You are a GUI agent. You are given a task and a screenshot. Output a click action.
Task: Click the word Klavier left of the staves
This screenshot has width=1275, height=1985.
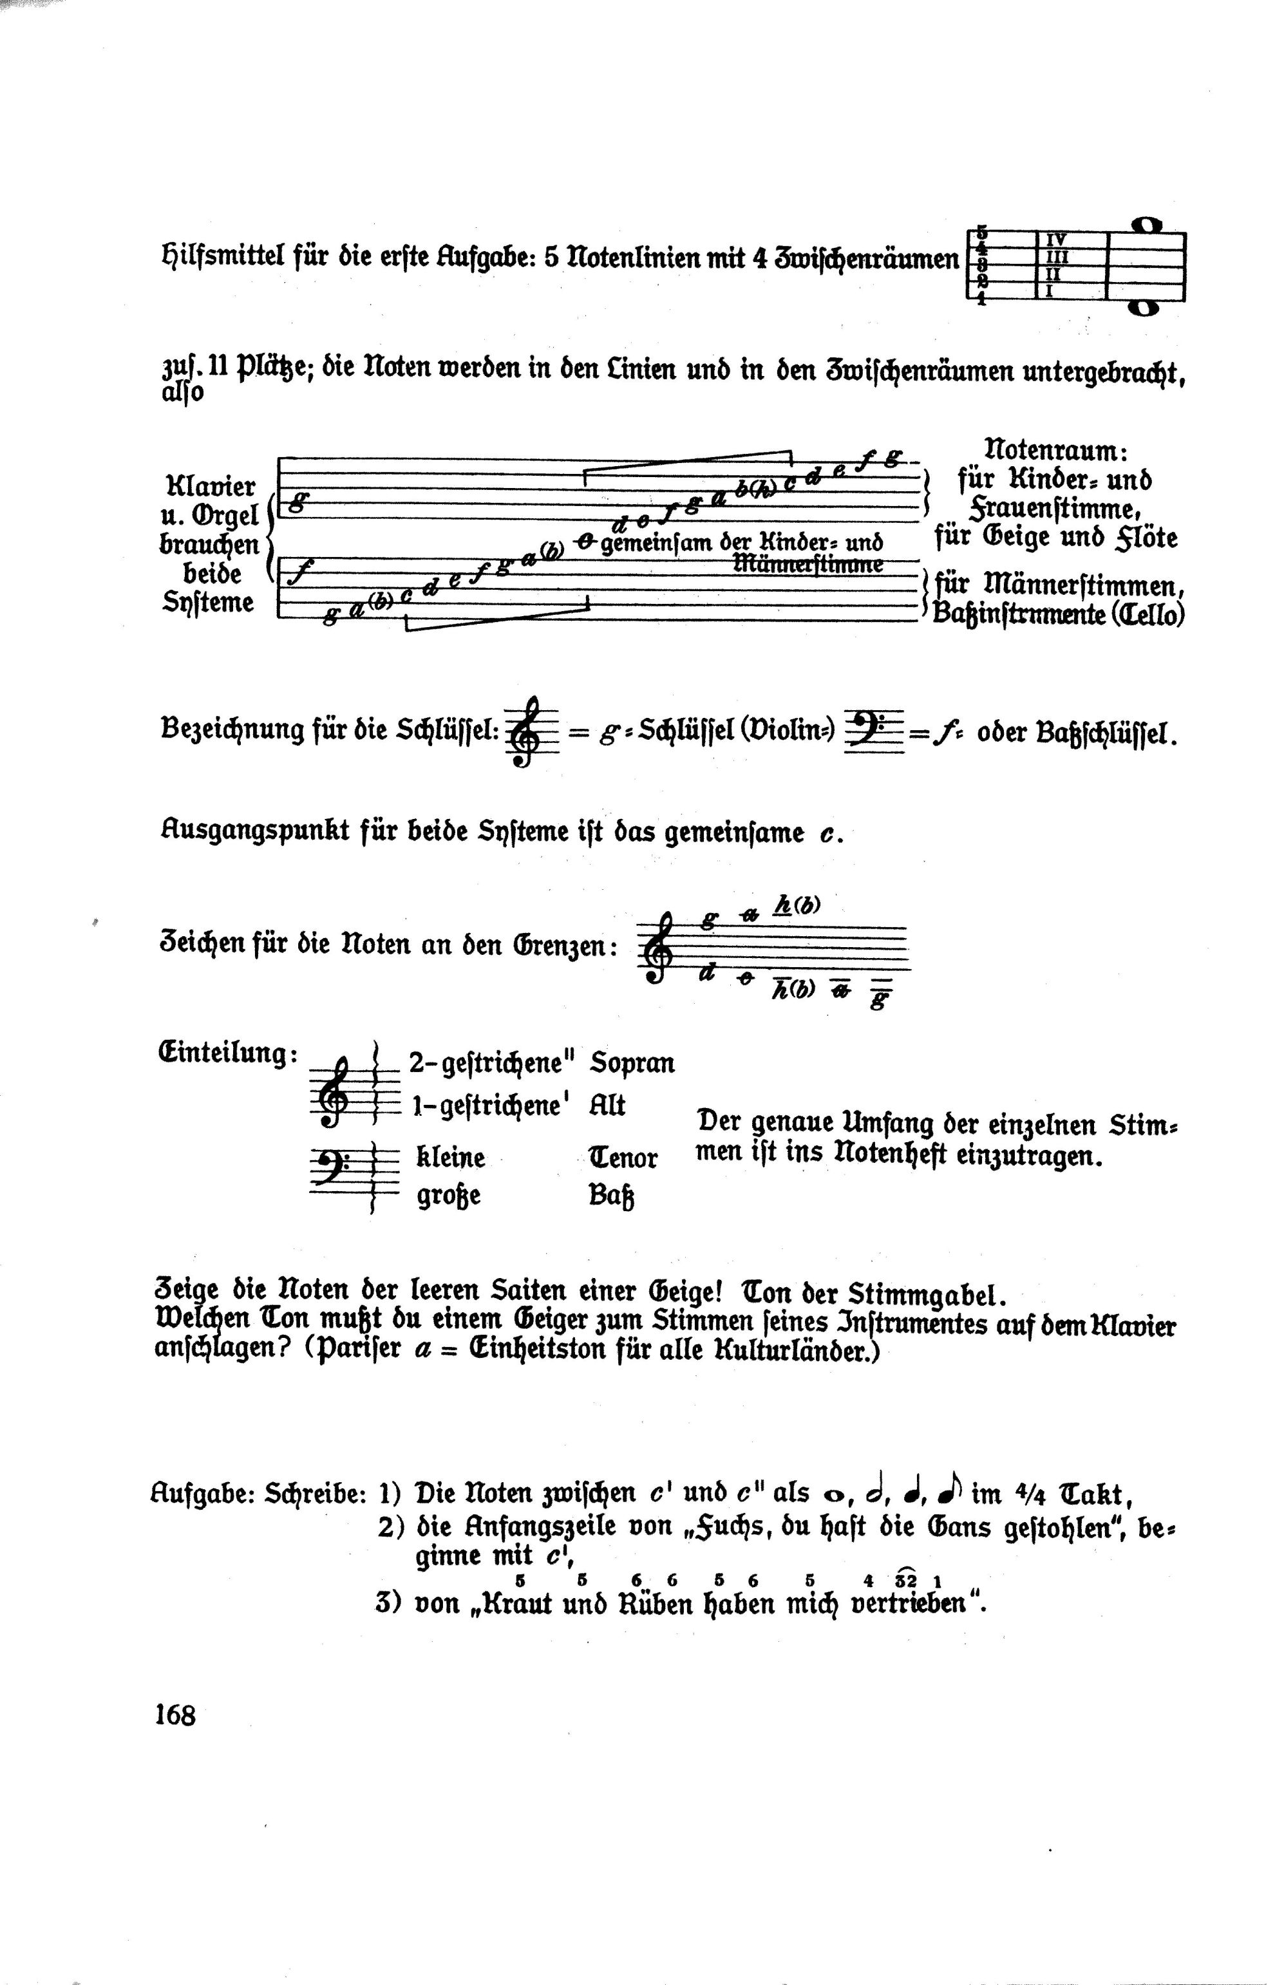211,486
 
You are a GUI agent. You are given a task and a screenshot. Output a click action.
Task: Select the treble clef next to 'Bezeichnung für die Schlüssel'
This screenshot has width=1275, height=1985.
524,732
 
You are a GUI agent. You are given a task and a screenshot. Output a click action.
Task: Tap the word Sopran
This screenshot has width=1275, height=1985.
632,1063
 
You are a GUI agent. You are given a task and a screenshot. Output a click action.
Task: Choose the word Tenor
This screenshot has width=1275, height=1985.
623,1157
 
